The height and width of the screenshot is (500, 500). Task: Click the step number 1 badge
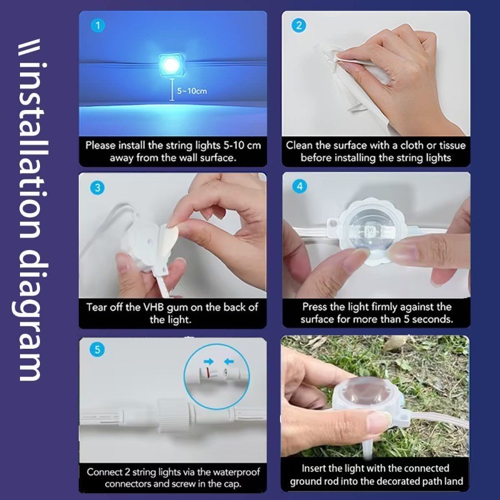(97, 26)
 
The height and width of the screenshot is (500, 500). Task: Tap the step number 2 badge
(299, 26)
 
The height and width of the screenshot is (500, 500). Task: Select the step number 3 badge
(97, 187)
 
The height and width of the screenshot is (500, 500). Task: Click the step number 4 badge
(299, 187)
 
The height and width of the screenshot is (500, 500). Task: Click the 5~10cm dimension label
(191, 91)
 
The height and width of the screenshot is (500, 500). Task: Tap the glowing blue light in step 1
(169, 62)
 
